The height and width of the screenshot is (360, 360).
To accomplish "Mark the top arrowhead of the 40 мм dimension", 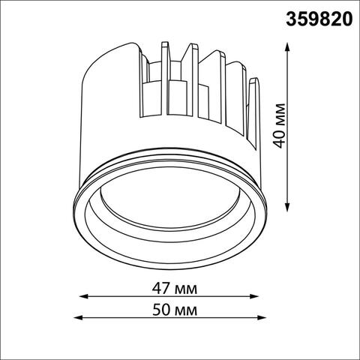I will [x=289, y=45].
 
